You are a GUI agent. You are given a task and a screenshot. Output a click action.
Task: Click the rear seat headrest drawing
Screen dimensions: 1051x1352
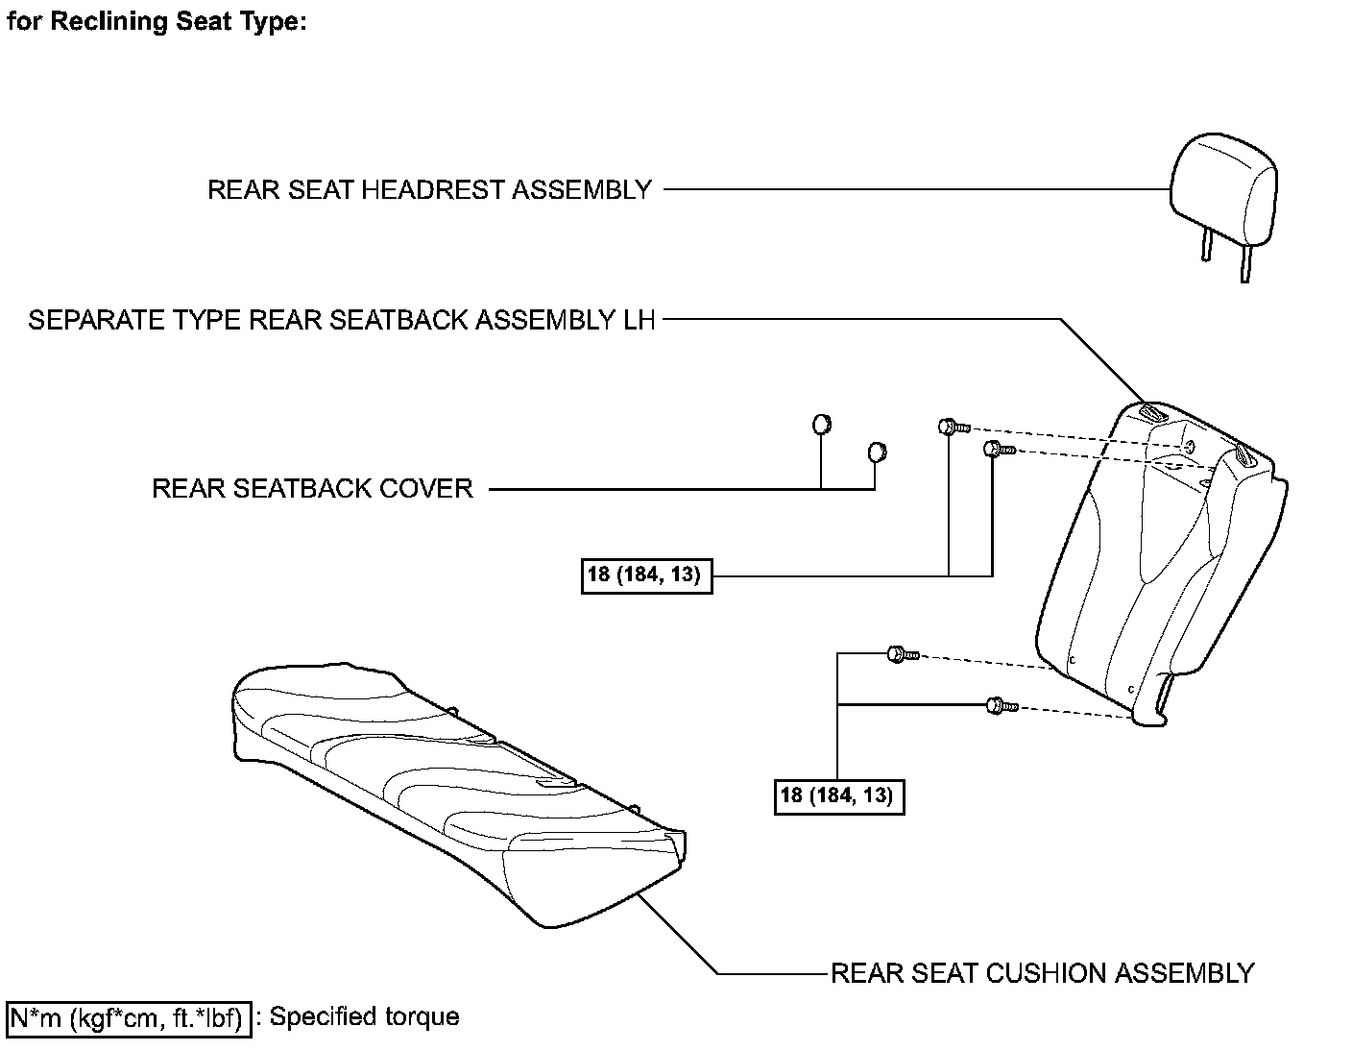(1224, 187)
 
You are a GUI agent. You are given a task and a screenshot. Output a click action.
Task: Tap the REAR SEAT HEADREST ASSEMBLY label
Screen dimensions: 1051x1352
(429, 190)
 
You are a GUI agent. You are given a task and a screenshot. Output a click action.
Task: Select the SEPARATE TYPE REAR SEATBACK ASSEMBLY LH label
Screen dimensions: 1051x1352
(342, 320)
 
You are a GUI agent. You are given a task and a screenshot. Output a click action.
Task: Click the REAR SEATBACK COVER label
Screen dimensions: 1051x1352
(312, 488)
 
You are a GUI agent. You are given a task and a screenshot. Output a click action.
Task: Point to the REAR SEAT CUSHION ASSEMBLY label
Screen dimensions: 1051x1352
(1042, 973)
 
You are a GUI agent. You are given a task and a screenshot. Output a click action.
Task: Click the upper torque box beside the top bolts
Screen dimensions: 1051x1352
(646, 576)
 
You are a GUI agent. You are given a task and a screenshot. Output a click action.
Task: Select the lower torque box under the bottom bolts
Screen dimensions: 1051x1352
(838, 795)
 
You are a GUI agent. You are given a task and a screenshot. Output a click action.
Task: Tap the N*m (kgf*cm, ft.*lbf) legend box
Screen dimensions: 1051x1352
(129, 1017)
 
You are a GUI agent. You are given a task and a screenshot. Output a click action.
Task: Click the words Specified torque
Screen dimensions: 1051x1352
(364, 1016)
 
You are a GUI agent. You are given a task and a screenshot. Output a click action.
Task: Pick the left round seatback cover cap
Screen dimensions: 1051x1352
(821, 424)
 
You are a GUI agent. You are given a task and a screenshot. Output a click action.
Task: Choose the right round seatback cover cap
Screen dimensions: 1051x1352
(876, 452)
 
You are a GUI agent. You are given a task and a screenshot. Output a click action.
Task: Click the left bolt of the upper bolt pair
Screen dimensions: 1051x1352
(951, 426)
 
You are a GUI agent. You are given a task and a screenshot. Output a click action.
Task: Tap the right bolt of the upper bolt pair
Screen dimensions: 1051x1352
(996, 448)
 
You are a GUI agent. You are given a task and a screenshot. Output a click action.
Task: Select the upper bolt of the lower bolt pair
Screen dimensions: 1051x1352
(900, 654)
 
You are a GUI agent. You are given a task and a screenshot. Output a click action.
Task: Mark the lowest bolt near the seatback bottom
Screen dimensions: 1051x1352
(999, 706)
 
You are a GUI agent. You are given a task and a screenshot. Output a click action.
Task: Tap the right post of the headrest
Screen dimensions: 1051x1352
(1245, 262)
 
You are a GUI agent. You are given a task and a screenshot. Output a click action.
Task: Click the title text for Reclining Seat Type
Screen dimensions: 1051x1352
(157, 21)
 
